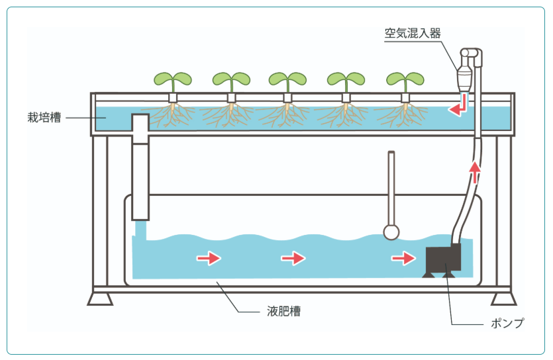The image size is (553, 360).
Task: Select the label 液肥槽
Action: click(284, 310)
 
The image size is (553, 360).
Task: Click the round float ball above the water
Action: click(391, 232)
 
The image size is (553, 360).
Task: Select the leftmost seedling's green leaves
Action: click(173, 79)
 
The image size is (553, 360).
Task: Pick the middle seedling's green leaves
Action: click(287, 79)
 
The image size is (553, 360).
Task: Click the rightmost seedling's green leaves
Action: click(405, 79)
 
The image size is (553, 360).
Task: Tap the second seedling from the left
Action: click(231, 79)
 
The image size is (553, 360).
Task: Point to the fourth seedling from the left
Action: click(346, 79)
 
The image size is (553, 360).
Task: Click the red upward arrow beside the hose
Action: click(475, 174)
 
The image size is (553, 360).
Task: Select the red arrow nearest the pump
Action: click(403, 258)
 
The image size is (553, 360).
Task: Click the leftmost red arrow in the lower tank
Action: click(209, 258)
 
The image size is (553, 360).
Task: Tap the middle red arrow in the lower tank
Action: click(293, 258)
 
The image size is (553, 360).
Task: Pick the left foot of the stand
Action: click(100, 298)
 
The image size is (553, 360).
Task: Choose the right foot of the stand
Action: click(504, 298)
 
